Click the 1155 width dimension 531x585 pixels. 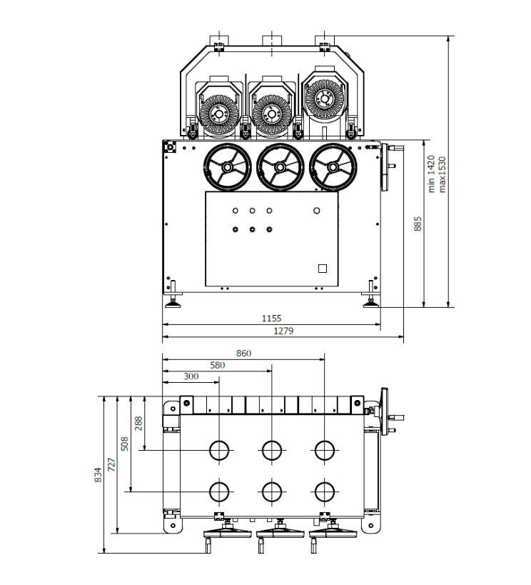tap(271, 318)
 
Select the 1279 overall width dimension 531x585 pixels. tap(283, 331)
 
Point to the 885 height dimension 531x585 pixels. tap(418, 224)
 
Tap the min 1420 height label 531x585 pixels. tap(431, 175)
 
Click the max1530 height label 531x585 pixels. tap(442, 175)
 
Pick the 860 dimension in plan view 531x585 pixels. tap(243, 353)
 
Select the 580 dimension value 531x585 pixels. tap(217, 365)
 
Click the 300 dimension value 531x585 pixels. tap(191, 376)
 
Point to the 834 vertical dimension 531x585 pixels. tap(98, 474)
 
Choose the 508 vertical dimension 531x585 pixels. tap(124, 444)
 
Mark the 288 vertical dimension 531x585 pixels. tap(138, 423)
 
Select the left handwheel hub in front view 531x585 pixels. tap(226, 167)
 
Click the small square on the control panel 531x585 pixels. tap(322, 268)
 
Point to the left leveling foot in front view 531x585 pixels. tap(173, 303)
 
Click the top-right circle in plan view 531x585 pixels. tap(325, 450)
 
